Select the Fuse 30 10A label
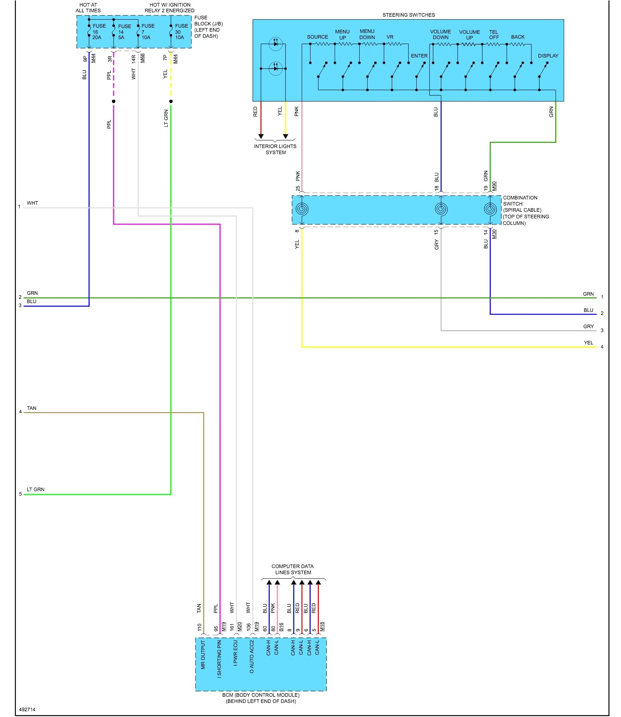click(x=181, y=32)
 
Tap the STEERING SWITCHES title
click(x=408, y=15)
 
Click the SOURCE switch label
click(x=317, y=37)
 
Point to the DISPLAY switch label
click(x=548, y=56)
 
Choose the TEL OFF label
click(x=494, y=35)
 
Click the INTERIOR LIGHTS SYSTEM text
click(x=275, y=149)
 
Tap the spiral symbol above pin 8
click(x=302, y=209)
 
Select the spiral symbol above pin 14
click(x=490, y=209)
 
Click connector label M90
click(x=494, y=186)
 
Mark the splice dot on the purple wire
click(x=114, y=101)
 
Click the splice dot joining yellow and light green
click(x=171, y=101)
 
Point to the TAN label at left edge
click(x=32, y=408)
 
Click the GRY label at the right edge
click(x=588, y=326)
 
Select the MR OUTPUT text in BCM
click(x=203, y=655)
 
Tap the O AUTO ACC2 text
click(x=252, y=657)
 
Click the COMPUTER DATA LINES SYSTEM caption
click(x=292, y=569)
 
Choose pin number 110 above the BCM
click(x=199, y=627)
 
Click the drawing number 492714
click(x=27, y=710)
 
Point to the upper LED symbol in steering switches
click(x=275, y=44)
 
